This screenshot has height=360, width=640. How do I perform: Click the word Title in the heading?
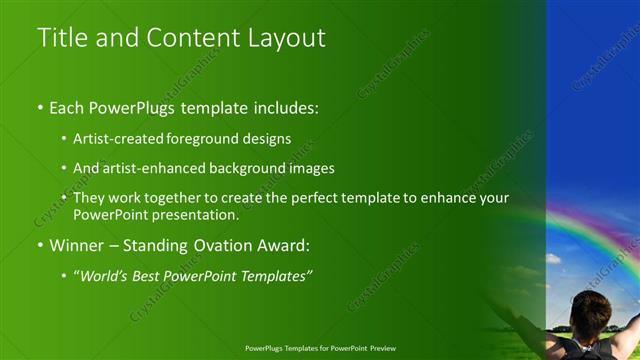click(x=60, y=38)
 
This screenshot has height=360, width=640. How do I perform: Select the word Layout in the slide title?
click(x=289, y=38)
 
